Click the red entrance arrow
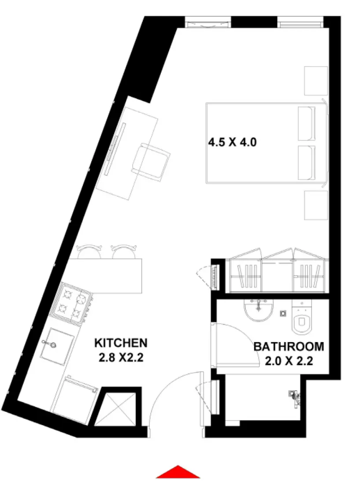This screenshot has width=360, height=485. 178,472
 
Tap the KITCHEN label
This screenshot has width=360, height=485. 121,343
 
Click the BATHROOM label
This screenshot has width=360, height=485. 289,347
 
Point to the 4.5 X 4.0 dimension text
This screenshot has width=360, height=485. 232,142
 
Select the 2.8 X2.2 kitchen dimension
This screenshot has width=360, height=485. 121,358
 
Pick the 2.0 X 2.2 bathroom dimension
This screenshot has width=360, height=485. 289,362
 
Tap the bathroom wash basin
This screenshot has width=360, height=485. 259,310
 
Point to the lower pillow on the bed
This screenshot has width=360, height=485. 307,162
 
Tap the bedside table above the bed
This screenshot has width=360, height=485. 316,80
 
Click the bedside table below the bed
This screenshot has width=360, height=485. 316,205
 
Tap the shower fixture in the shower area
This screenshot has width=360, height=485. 294,396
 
